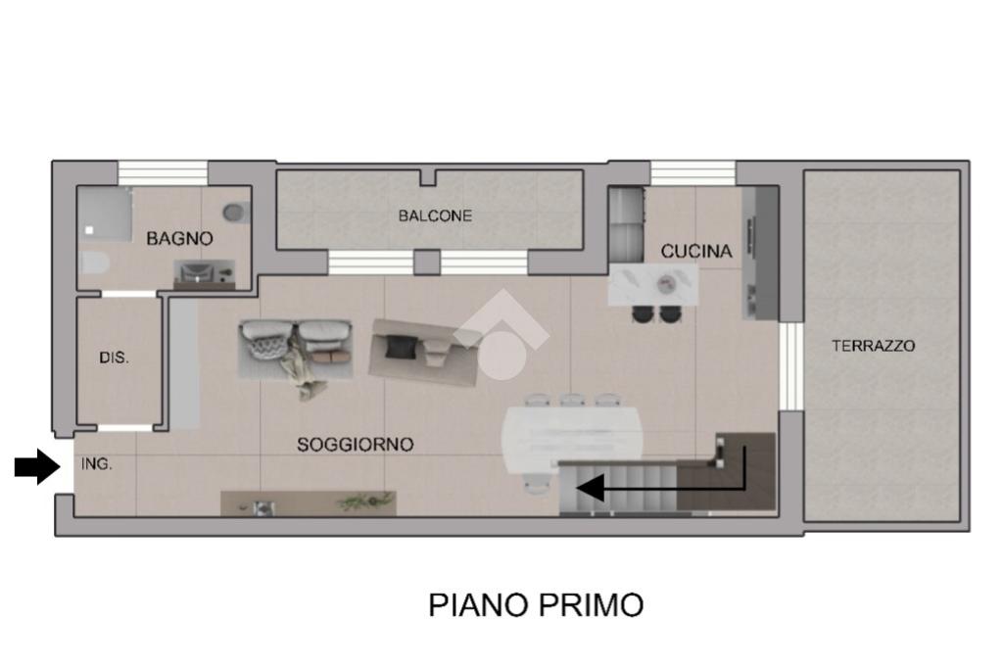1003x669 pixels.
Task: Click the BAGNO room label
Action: pos(179,239)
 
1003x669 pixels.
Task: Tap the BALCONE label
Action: pos(435,215)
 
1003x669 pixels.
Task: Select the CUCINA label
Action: pos(696,252)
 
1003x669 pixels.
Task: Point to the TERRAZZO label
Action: pos(873,346)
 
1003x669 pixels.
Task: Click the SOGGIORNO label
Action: pos(355,445)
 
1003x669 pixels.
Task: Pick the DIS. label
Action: pos(114,358)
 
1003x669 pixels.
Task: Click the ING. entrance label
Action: pos(97,464)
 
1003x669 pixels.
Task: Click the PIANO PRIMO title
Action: pos(536,605)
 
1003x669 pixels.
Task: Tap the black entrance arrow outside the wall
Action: pos(37,466)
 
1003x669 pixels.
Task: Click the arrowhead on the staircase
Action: pos(589,489)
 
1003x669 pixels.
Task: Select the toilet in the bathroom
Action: pos(95,263)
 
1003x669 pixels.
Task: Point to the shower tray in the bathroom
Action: pos(104,214)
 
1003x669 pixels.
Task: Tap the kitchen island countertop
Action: pos(652,284)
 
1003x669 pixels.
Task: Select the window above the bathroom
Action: pos(164,173)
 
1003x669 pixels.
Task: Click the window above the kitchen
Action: pos(693,173)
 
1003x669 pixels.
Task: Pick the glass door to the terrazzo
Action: pos(790,365)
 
